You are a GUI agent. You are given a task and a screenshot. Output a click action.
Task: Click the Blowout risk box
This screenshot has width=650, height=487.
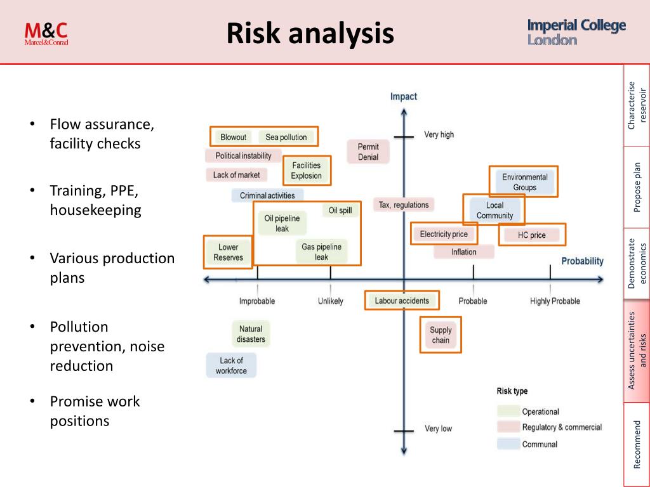(233, 137)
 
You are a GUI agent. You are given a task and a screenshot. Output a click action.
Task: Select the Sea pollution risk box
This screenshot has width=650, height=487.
(286, 137)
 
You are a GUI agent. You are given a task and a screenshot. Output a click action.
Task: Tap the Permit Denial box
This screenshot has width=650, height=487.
(368, 152)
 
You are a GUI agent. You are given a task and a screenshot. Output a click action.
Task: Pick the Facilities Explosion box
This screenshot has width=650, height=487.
(307, 171)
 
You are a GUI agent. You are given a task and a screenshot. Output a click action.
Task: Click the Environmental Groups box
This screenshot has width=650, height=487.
(524, 182)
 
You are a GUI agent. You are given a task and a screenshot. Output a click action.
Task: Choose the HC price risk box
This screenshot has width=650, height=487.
(531, 235)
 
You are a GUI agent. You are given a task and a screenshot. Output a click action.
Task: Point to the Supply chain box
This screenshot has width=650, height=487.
(441, 335)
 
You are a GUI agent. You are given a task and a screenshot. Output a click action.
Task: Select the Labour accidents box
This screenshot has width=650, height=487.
(402, 301)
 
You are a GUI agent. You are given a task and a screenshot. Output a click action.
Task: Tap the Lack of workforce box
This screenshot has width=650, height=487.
(231, 365)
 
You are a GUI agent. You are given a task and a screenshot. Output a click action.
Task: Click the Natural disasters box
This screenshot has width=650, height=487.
(251, 334)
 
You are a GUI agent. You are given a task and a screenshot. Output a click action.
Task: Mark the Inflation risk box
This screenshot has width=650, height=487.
(464, 252)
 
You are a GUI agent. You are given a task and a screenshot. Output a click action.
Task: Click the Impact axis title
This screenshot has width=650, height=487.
(404, 96)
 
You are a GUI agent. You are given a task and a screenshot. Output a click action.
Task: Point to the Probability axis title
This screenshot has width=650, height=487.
(582, 261)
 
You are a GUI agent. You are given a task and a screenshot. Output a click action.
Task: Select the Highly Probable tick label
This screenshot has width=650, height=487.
(555, 301)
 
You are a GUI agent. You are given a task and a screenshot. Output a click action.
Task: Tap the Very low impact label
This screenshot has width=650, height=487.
(438, 429)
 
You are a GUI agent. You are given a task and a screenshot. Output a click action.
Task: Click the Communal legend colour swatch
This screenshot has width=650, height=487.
(507, 444)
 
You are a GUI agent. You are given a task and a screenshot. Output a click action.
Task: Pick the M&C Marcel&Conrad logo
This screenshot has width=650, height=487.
(46, 33)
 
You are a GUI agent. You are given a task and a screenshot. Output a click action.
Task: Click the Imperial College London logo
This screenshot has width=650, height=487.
(576, 32)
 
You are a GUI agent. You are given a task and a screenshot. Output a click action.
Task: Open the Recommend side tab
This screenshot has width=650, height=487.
(637, 444)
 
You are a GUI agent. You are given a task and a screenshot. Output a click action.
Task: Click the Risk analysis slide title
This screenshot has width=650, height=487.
(310, 33)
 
